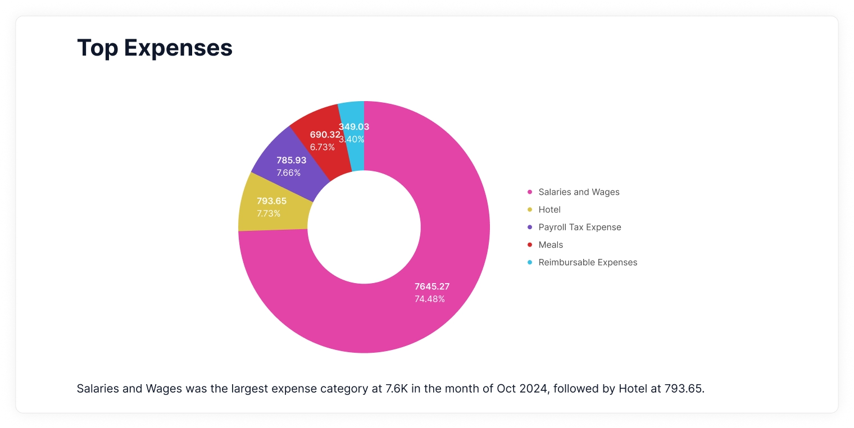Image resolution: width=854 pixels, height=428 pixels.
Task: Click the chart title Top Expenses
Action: click(155, 48)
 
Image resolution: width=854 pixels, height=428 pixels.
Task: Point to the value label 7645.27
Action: click(432, 286)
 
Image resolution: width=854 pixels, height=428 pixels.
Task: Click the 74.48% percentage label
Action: click(430, 299)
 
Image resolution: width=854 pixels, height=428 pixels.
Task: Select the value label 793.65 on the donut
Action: click(271, 201)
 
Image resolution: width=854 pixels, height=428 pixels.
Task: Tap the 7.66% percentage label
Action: click(289, 172)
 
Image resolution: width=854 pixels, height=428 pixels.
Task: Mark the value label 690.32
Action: click(325, 135)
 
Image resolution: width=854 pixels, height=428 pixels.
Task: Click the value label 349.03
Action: click(354, 127)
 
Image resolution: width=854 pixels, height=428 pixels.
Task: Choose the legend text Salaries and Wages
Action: click(579, 192)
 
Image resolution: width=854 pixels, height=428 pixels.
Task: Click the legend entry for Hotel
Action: click(549, 210)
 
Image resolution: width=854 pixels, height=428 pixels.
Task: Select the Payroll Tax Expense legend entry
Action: click(580, 227)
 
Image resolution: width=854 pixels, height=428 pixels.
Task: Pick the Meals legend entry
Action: click(551, 245)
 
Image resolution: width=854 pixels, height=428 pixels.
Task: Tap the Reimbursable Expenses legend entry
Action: click(588, 262)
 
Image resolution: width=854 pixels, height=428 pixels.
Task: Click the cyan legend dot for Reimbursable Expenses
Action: click(530, 262)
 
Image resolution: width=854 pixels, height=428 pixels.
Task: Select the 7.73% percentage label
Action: click(269, 213)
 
